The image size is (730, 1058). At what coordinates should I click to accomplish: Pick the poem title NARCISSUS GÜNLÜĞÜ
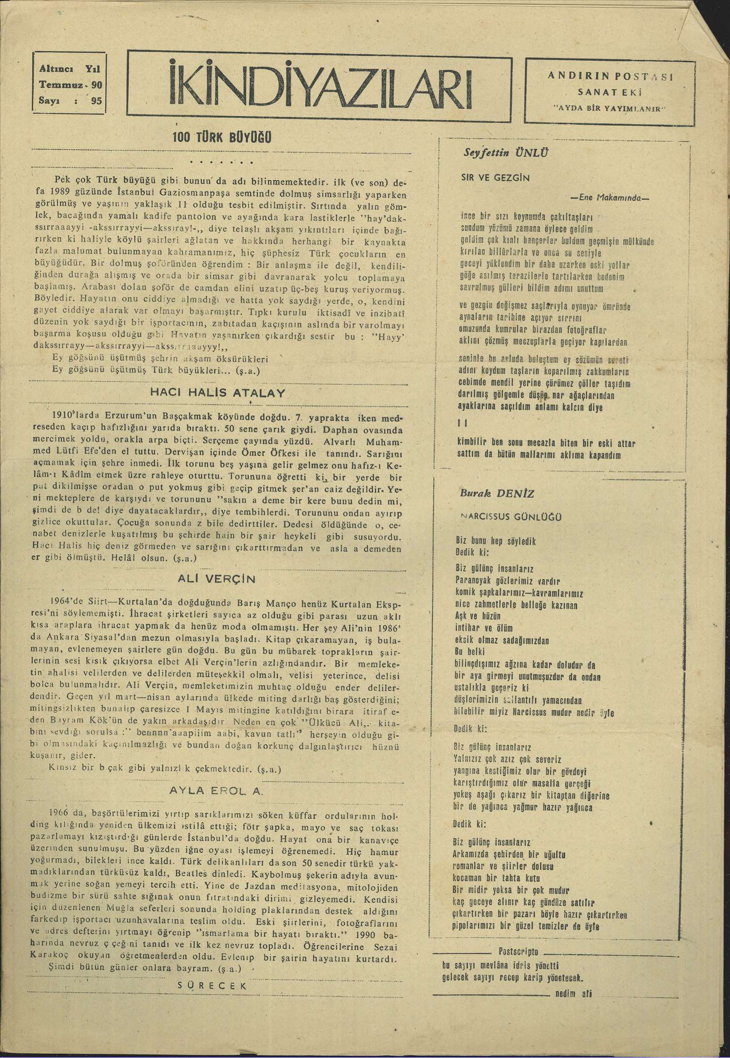point(512,517)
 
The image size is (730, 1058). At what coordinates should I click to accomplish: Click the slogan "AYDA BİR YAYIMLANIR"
point(610,109)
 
